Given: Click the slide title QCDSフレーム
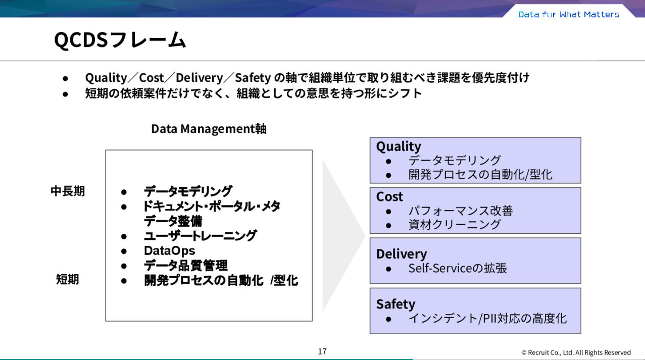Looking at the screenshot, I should [120, 40].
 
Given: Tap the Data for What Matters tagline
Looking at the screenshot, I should [569, 14].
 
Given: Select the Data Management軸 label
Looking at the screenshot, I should [209, 129].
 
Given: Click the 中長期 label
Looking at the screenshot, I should [68, 191].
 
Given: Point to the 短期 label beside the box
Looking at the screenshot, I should [68, 279].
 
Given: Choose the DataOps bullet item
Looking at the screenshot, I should [169, 250].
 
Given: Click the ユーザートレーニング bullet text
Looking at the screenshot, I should [200, 236].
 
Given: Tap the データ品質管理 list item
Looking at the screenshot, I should [185, 266].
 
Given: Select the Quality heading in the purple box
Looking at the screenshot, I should [399, 146].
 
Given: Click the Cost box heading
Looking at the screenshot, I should [389, 196].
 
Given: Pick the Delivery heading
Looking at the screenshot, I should [402, 253].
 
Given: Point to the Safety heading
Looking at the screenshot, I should [395, 304].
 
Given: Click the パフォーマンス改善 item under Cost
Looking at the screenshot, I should [460, 211].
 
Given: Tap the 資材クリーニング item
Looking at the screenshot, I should [454, 225].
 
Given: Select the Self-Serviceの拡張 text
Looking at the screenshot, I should [457, 268].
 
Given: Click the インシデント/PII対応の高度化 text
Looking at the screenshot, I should [487, 319].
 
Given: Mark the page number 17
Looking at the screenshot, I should [322, 351].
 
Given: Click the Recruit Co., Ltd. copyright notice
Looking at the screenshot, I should [576, 352].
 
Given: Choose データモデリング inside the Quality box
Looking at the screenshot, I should [454, 161].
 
